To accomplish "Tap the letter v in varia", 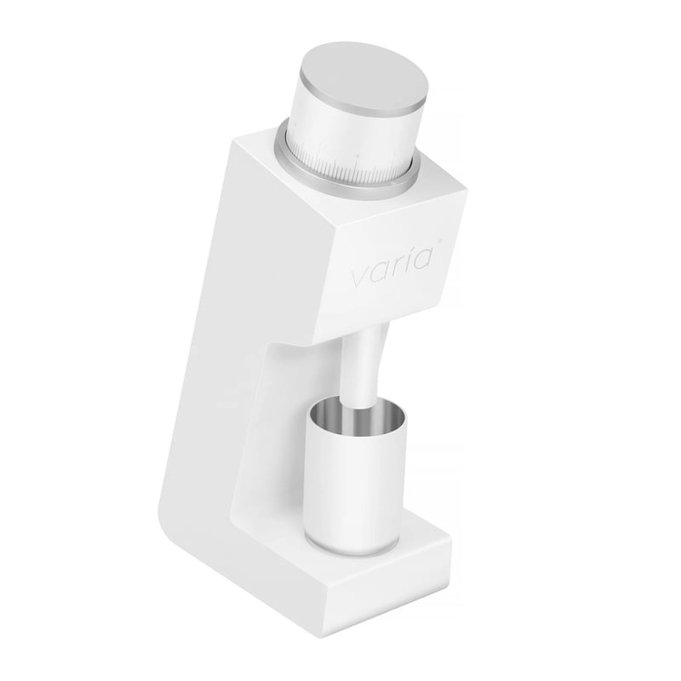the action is click(x=360, y=280).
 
